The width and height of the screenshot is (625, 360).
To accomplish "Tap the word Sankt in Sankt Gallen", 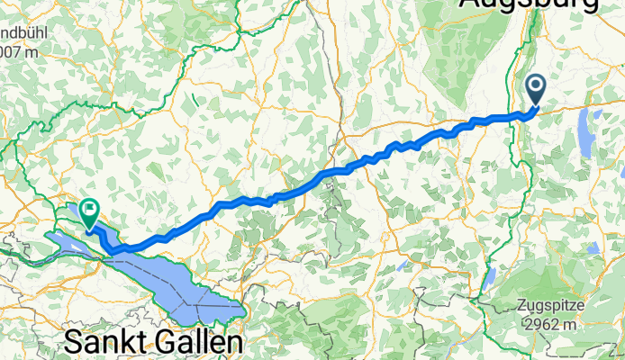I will [x=107, y=343].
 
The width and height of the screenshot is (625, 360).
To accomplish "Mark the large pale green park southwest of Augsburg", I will [x=477, y=54].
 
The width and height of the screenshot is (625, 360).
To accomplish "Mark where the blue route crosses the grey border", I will [x=335, y=170].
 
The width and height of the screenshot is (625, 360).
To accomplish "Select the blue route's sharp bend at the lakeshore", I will [x=113, y=250].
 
